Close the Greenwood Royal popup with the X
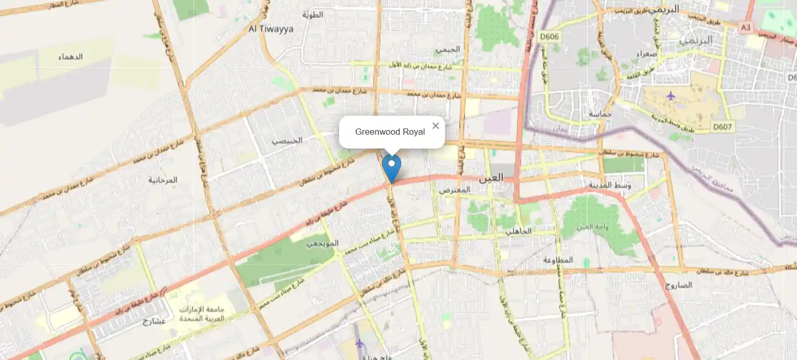[435, 126]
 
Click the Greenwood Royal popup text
[390, 132]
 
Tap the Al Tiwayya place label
[271, 29]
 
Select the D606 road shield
[550, 37]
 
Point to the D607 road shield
[722, 126]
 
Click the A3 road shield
[745, 27]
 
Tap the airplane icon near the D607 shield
[671, 95]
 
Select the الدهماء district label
[71, 57]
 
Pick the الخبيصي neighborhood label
[287, 140]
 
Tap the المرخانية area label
[163, 180]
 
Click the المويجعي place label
[323, 243]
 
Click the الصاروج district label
[679, 285]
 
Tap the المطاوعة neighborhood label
[558, 260]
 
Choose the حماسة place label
[601, 114]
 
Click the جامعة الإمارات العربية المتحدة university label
[202, 314]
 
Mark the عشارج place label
[154, 321]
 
